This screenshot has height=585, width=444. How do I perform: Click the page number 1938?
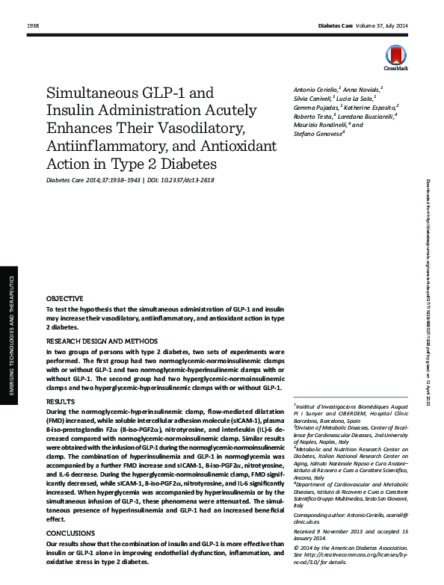tap(32, 26)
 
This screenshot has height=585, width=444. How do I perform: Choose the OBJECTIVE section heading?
tap(64, 298)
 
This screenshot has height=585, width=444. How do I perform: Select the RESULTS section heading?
tap(61, 402)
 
